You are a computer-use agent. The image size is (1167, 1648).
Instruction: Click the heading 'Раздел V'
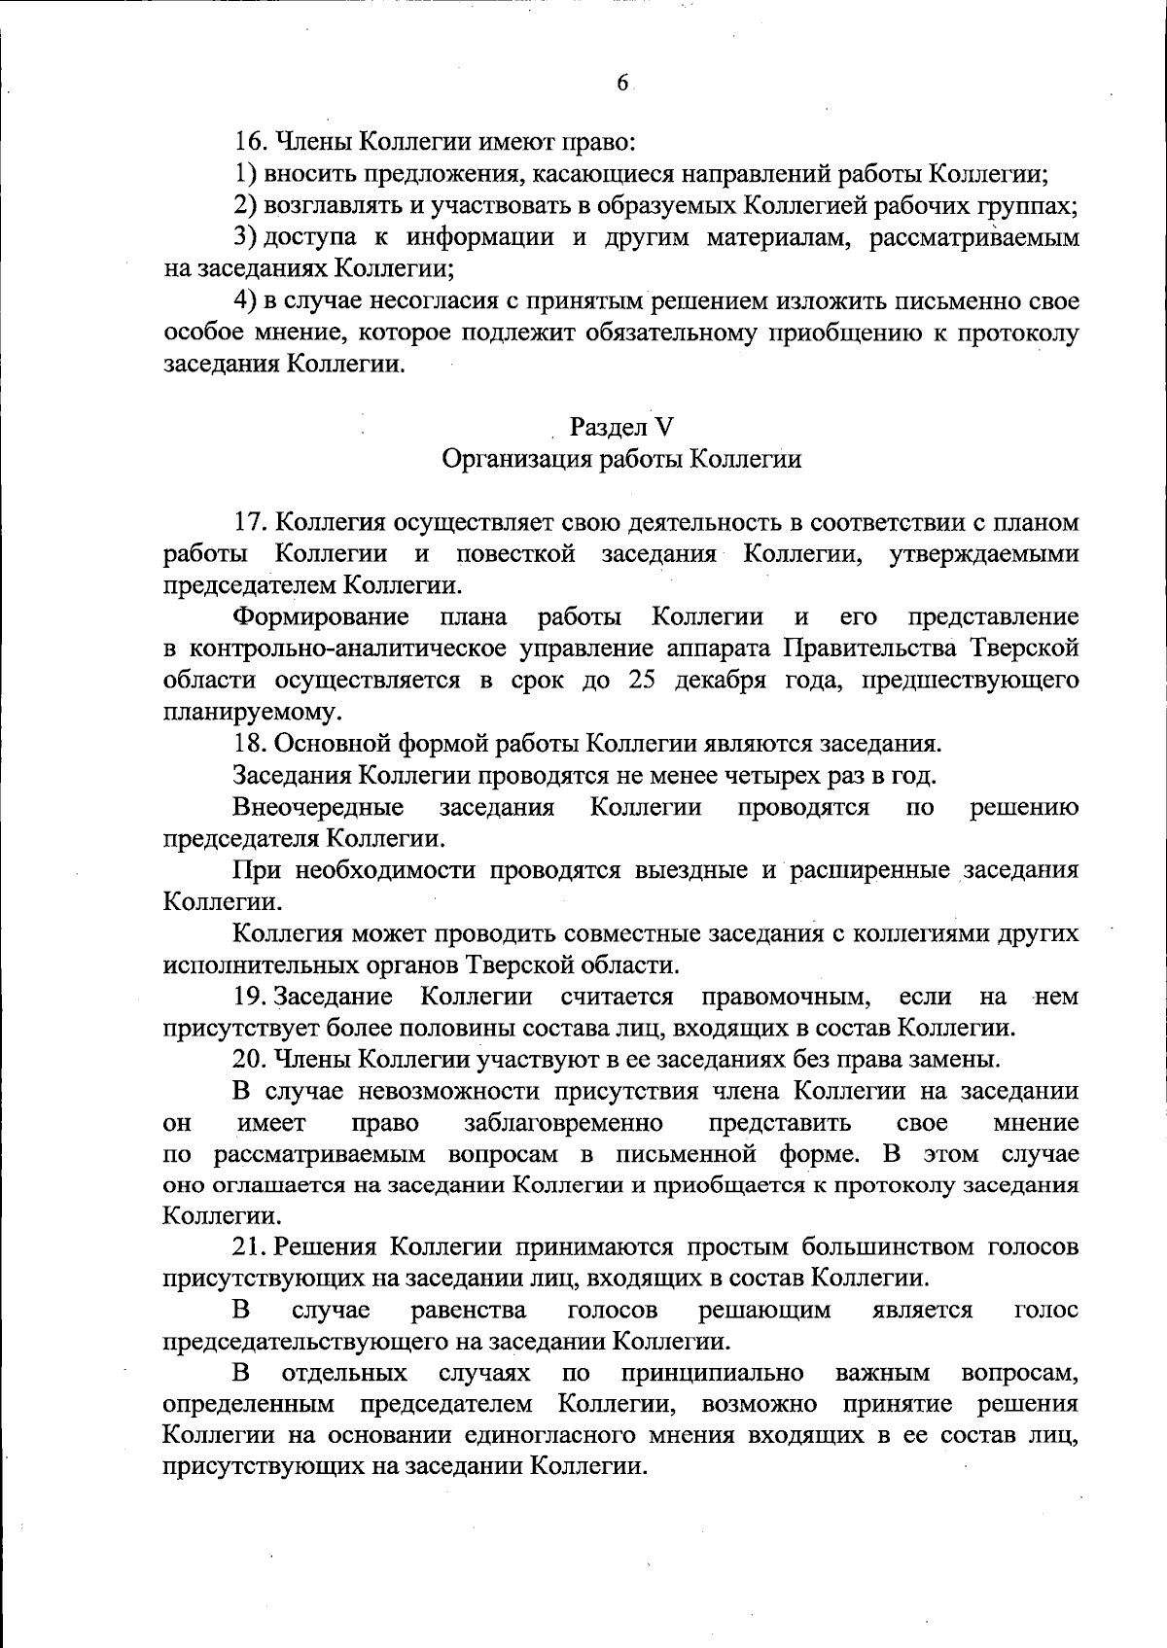coord(622,427)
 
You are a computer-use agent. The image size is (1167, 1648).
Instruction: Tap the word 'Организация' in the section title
coord(506,459)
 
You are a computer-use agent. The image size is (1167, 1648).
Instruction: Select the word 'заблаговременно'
coord(564,1123)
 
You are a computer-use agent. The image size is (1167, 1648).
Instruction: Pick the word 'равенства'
coord(469,1310)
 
